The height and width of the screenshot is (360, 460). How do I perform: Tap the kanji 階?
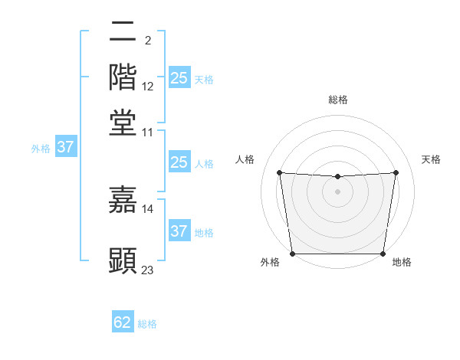click(123, 77)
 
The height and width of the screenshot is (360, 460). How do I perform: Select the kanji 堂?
click(123, 122)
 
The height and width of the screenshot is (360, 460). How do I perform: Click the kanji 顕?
click(123, 260)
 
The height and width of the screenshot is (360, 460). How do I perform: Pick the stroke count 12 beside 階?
click(148, 87)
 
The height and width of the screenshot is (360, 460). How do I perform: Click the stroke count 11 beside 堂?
click(148, 132)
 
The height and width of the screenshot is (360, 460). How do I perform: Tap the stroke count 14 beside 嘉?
click(148, 208)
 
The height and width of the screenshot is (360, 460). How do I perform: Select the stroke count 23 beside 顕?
click(148, 270)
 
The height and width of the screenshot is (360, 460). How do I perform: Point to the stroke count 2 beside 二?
click(147, 41)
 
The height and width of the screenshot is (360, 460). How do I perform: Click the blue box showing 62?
click(123, 322)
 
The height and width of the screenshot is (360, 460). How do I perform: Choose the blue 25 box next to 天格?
click(179, 77)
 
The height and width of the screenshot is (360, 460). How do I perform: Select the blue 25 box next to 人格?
click(179, 162)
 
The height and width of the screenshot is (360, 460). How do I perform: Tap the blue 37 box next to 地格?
click(179, 231)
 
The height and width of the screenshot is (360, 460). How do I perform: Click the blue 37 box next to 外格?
click(65, 148)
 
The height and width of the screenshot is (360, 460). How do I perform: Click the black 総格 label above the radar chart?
click(337, 100)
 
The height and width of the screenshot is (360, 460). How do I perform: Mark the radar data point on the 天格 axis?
click(396, 172)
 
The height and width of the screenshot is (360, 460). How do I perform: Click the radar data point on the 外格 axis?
click(292, 254)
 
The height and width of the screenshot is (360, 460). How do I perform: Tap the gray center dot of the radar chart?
click(337, 191)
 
